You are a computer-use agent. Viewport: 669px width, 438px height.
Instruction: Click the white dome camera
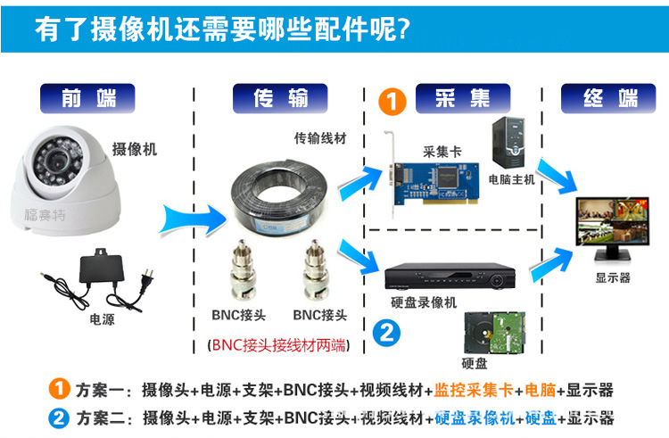pos(66,181)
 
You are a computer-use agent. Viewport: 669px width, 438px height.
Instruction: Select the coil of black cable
pos(279,194)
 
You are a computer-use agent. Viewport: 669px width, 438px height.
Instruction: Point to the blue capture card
pos(431,181)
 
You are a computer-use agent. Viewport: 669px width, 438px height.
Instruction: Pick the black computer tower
pos(508,143)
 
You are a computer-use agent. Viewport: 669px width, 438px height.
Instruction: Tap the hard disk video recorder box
pos(450,276)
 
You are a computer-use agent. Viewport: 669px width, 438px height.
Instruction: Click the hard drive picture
pos(494,334)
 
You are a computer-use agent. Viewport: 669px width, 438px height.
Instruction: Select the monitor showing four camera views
pos(612,227)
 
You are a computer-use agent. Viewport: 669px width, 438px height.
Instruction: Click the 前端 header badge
pos(87,98)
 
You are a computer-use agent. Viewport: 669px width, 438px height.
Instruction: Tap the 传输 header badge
pos(280,98)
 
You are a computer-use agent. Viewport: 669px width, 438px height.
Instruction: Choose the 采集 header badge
pos(463,98)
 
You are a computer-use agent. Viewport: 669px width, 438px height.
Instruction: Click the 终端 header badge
pos(608,98)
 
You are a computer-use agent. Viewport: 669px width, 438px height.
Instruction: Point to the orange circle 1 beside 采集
pos(392,102)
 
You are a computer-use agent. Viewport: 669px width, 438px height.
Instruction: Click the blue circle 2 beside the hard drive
pos(386,332)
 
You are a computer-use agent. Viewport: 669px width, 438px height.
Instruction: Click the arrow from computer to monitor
pos(556,176)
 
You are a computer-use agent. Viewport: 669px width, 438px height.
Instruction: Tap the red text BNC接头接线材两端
pos(278,345)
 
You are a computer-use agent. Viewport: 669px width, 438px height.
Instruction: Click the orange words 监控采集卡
pos(474,390)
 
